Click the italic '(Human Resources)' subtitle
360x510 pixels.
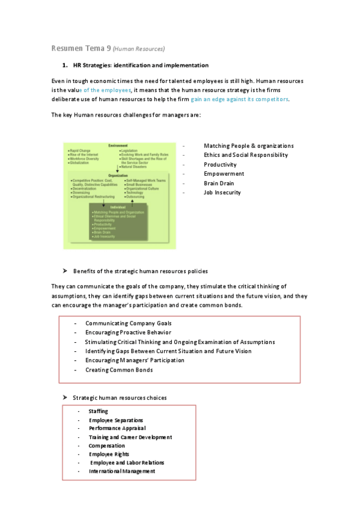pos(139,49)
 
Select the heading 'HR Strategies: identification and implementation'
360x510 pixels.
pos(141,65)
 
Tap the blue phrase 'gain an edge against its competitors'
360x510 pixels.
pos(239,99)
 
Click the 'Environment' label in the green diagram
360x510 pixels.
pos(118,146)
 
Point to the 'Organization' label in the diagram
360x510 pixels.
pos(118,175)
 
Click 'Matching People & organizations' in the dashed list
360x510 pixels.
pos(248,146)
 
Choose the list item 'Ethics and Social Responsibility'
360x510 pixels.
pos(246,155)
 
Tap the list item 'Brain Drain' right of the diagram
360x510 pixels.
pos(219,183)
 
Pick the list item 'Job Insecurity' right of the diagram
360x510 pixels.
pos(222,192)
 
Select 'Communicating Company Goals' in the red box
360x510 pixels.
pos(128,324)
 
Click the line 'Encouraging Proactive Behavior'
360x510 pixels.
pos(128,333)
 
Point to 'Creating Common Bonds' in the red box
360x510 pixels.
pos(119,370)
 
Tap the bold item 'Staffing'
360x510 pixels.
pos(99,411)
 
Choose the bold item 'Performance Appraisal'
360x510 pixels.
pos(117,429)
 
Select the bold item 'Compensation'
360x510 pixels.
pos(107,446)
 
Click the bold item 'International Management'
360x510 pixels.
pos(122,472)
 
